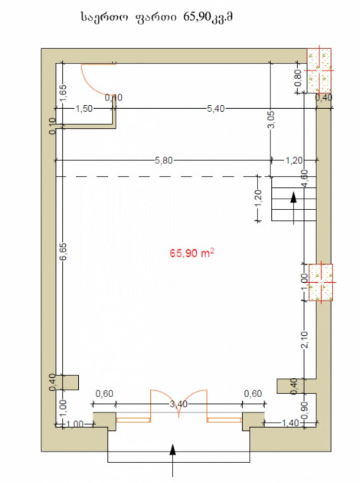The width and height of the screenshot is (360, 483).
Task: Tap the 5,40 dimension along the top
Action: click(x=215, y=109)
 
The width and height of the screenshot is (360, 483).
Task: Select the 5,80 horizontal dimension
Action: click(x=162, y=160)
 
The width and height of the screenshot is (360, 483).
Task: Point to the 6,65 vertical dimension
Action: click(x=62, y=252)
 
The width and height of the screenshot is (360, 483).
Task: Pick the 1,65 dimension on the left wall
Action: click(x=63, y=92)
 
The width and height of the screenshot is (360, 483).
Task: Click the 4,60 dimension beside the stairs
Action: click(x=305, y=179)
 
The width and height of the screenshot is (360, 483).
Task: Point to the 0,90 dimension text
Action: click(x=305, y=410)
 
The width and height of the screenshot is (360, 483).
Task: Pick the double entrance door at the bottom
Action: click(x=178, y=406)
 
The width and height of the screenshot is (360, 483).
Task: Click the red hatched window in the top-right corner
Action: click(x=319, y=71)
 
